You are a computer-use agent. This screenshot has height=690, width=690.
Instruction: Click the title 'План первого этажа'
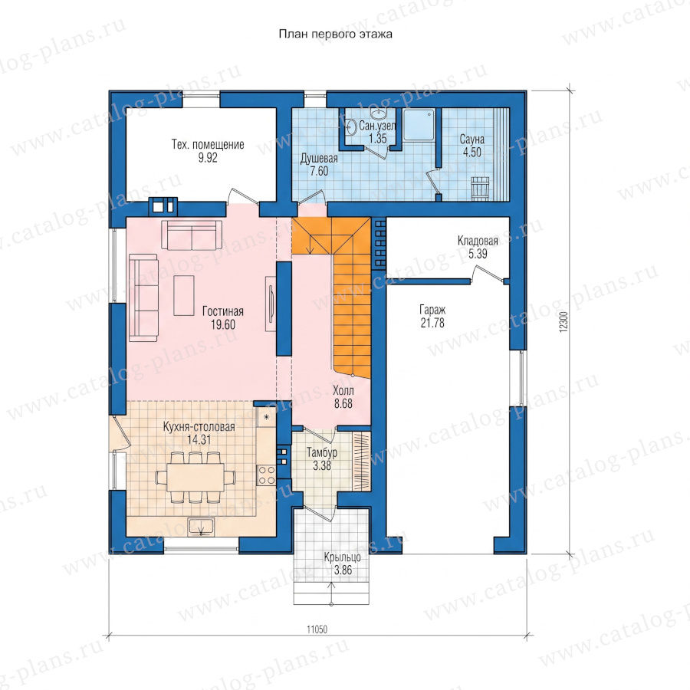[335, 34]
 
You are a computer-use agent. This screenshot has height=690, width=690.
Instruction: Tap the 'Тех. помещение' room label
[208, 144]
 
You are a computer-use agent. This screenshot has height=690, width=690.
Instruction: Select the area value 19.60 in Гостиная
[223, 325]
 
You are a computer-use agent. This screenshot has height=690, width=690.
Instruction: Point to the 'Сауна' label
[472, 140]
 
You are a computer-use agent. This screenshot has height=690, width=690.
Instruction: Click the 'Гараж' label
[432, 310]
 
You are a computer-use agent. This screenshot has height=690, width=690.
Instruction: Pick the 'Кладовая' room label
[478, 241]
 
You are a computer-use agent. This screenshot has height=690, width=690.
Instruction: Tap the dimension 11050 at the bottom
[317, 629]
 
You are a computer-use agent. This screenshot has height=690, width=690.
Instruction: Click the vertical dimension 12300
[564, 322]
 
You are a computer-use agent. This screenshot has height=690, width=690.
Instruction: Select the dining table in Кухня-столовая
[195, 478]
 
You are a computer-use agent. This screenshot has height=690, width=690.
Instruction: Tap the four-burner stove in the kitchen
[266, 475]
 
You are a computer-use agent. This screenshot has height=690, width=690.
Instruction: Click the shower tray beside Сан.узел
[419, 125]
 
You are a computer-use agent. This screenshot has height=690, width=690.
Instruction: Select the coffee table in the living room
[184, 295]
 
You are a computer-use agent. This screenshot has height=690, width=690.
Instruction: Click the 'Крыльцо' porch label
[343, 557]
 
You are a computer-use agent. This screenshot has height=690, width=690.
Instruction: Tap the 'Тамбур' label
[322, 452]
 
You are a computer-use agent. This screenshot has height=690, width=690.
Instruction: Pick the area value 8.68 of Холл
[343, 403]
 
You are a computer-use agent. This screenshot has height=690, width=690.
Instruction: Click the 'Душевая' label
[319, 159]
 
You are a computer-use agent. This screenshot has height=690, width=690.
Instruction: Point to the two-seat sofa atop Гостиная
[192, 235]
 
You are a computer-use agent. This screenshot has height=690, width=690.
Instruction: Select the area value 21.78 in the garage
[432, 323]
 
